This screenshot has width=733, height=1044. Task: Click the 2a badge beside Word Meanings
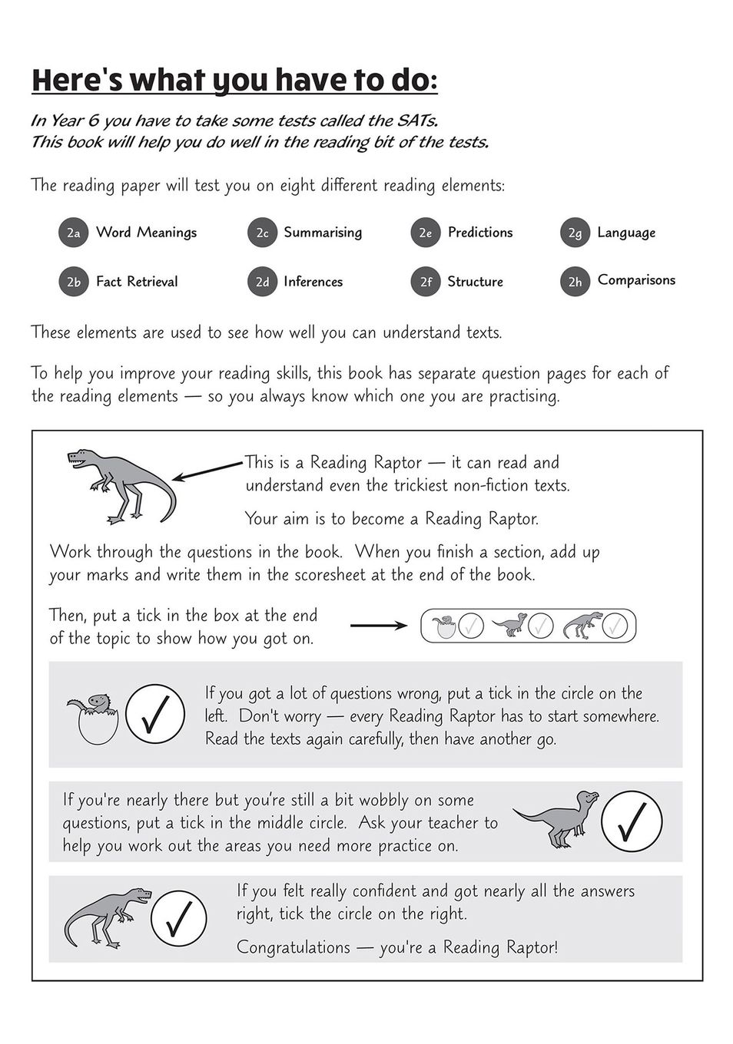[x=73, y=233]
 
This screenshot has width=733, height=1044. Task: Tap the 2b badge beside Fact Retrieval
[x=73, y=282]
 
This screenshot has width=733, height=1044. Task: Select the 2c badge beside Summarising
[x=262, y=233]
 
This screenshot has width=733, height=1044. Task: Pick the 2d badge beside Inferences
[x=262, y=282]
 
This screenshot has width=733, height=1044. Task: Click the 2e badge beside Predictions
[x=425, y=233]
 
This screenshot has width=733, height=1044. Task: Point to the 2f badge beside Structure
[x=425, y=282]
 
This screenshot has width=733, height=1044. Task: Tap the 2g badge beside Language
[x=575, y=233]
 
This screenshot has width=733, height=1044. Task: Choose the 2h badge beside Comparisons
[x=575, y=282]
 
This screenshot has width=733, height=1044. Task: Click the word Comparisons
[x=636, y=280]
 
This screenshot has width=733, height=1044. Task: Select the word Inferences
[x=313, y=282]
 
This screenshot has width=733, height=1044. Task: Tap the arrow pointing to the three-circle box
[x=379, y=626]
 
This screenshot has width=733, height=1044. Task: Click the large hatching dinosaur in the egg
[x=94, y=719]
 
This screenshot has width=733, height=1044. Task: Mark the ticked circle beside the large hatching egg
[x=154, y=714]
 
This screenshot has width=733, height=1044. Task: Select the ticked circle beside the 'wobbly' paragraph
[x=631, y=821]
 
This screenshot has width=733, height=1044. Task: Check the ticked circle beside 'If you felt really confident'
[x=178, y=918]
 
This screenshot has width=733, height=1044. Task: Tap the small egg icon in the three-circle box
[x=443, y=626]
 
